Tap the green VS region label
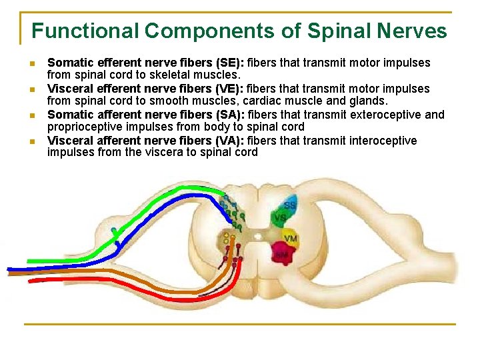[281, 218]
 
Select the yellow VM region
[290, 238]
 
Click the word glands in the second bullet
[367, 101]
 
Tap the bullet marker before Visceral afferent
[32, 141]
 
